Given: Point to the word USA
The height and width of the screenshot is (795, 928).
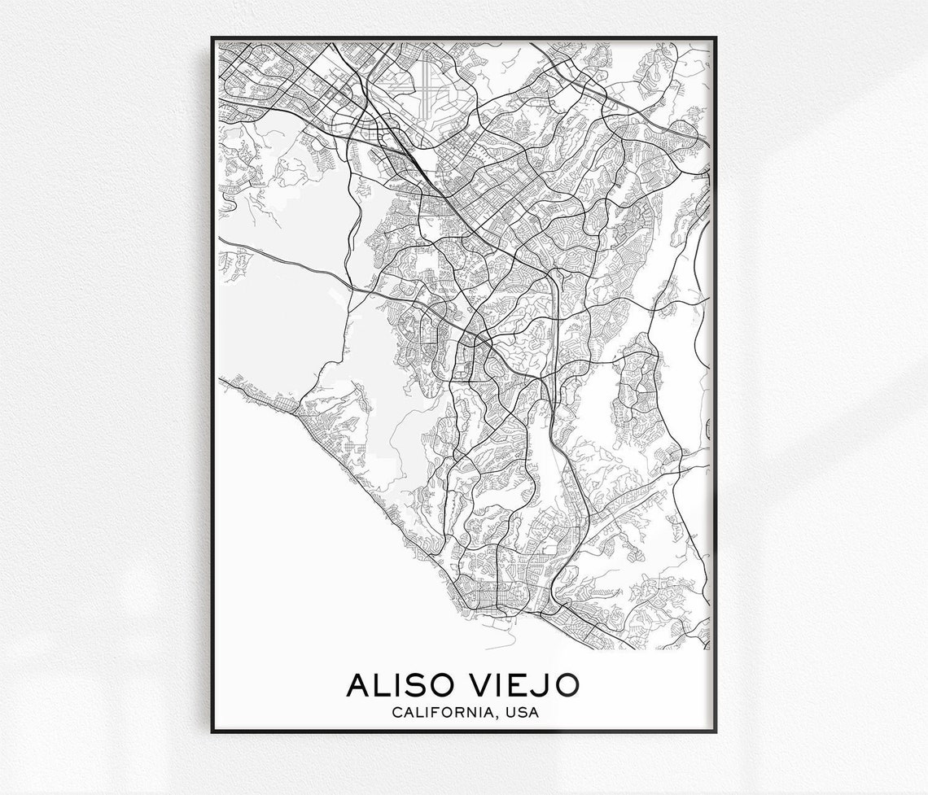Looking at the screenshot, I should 521,714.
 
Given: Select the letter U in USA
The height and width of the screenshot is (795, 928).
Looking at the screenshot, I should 510,714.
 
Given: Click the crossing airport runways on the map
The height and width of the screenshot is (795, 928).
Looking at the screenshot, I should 426,81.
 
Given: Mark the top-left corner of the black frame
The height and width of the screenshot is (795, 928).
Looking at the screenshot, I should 212,37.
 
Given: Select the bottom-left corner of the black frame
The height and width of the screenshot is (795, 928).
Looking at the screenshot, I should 212,731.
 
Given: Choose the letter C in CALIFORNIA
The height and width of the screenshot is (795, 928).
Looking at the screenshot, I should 396,714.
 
